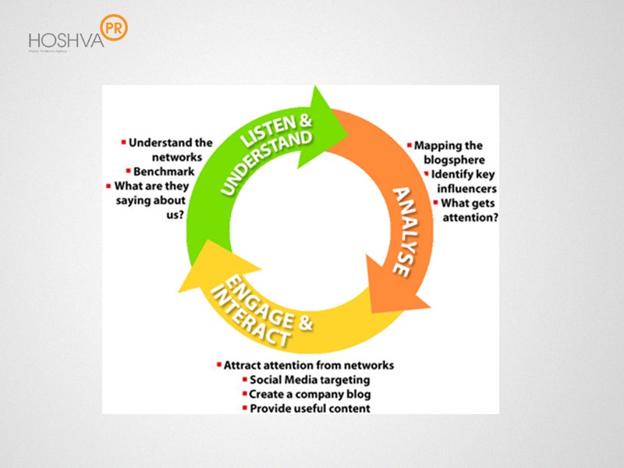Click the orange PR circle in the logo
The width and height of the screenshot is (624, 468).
[114, 27]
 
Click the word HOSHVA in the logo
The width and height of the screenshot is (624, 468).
[66, 40]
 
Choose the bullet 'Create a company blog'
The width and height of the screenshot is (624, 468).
[310, 394]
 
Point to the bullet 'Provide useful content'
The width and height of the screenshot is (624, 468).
[310, 408]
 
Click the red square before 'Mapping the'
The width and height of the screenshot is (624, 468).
[409, 145]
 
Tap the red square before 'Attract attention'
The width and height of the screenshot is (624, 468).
[219, 364]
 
